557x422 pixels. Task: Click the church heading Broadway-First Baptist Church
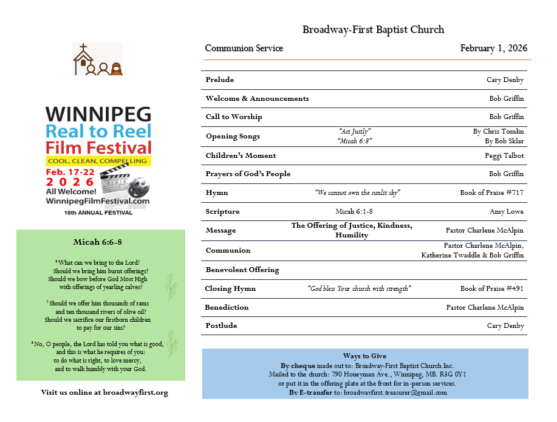(373, 29)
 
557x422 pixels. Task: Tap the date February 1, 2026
(493, 49)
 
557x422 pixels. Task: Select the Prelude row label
(219, 80)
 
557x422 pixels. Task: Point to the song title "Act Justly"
(354, 131)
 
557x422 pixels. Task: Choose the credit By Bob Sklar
(504, 141)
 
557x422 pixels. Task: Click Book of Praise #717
(491, 193)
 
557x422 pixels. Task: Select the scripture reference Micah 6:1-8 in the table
(354, 211)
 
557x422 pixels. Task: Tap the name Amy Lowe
(506, 211)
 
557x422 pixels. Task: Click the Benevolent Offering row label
(242, 270)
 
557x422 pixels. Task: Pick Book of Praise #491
(491, 288)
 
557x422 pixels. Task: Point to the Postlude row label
(220, 325)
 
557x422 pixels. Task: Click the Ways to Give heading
(364, 356)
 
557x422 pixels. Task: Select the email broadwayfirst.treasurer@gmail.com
(395, 392)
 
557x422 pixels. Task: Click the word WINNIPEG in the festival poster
(98, 114)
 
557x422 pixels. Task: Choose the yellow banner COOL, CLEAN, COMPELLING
(98, 160)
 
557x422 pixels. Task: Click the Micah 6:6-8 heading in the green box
(98, 242)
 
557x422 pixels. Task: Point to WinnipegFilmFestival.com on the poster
(98, 200)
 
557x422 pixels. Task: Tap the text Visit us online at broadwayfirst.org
(104, 392)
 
